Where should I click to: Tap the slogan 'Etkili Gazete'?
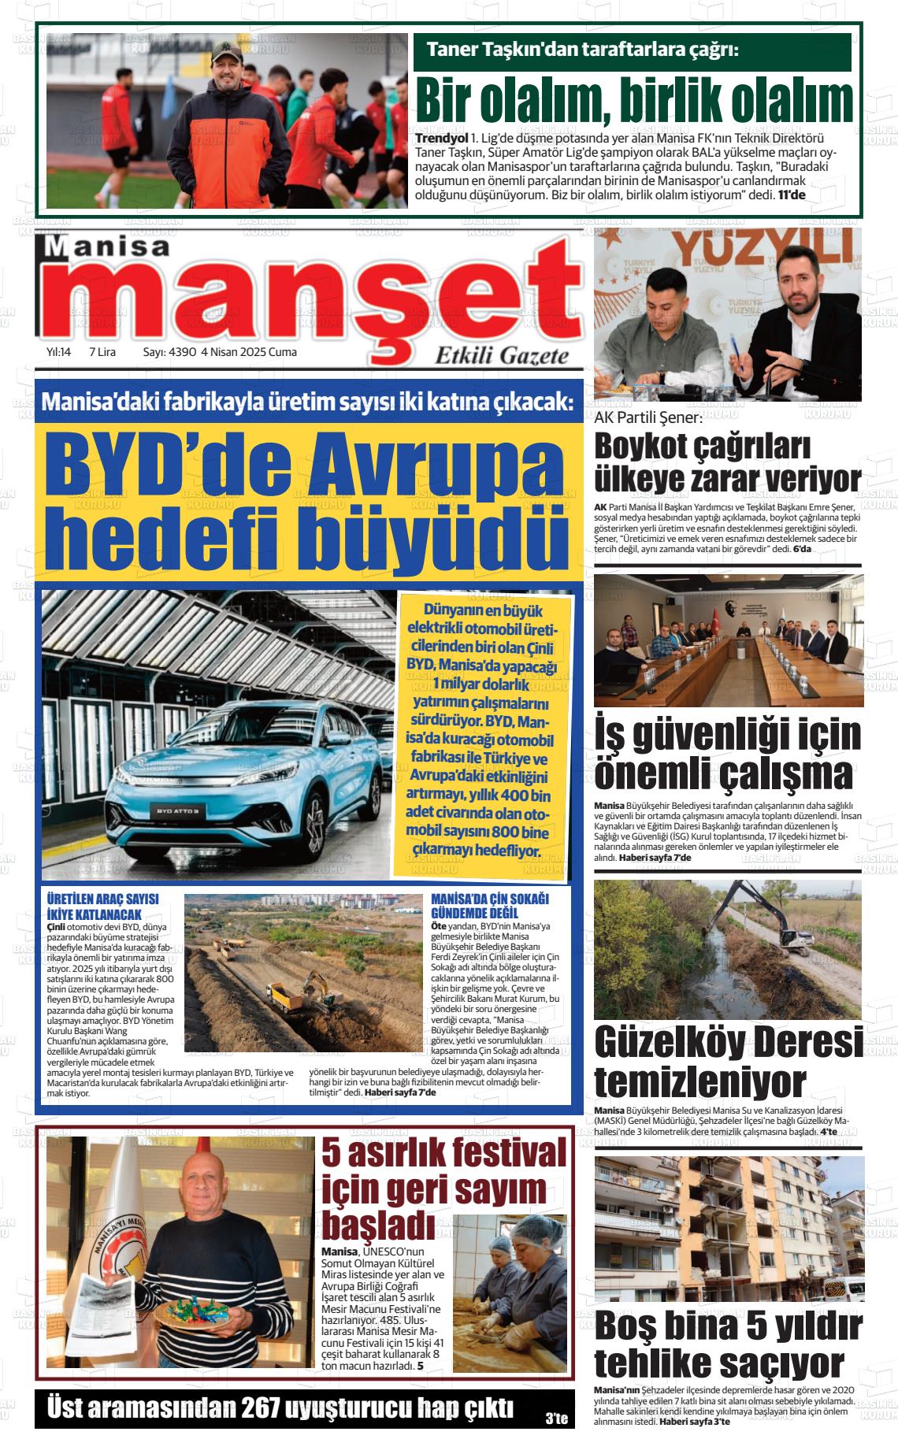click(x=502, y=355)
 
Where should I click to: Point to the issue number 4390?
click(x=180, y=352)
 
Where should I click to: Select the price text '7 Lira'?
click(x=103, y=352)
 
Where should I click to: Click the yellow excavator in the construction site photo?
click(x=314, y=987)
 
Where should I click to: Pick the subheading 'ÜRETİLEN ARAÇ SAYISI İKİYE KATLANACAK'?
click(x=103, y=907)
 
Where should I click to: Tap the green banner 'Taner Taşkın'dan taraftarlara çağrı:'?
click(x=583, y=50)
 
